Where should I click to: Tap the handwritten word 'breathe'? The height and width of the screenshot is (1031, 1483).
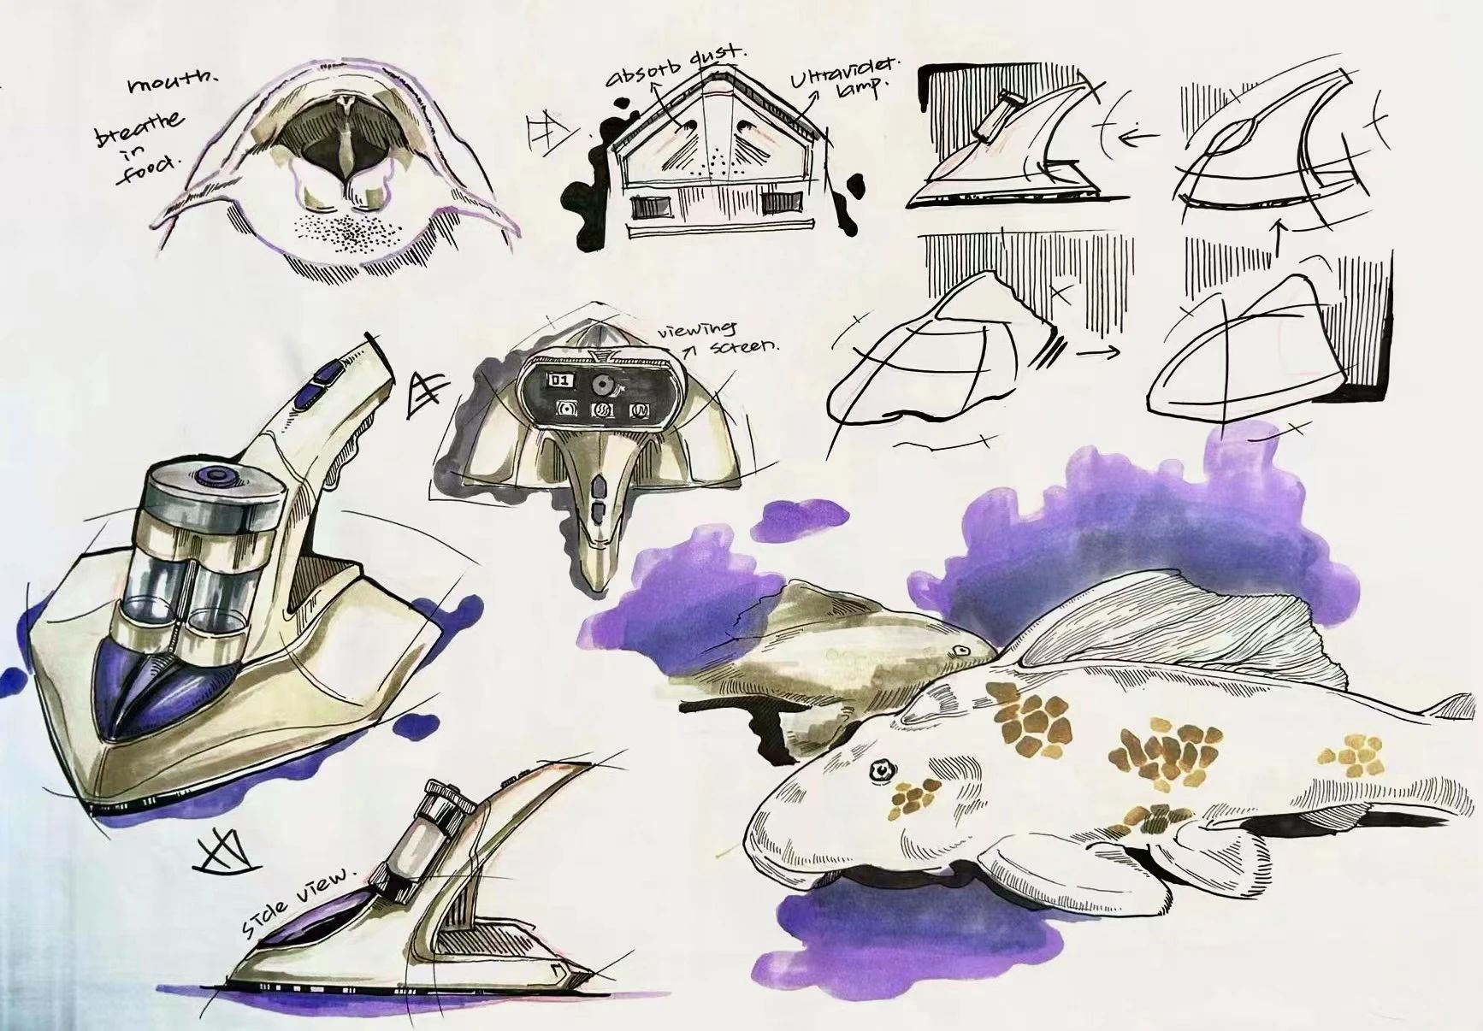(x=140, y=127)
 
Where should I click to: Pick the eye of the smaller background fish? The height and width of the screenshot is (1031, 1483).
(x=961, y=651)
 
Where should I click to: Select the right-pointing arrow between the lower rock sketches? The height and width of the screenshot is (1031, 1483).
(x=1098, y=352)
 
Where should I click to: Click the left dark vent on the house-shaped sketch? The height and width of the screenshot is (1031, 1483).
(x=650, y=207)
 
